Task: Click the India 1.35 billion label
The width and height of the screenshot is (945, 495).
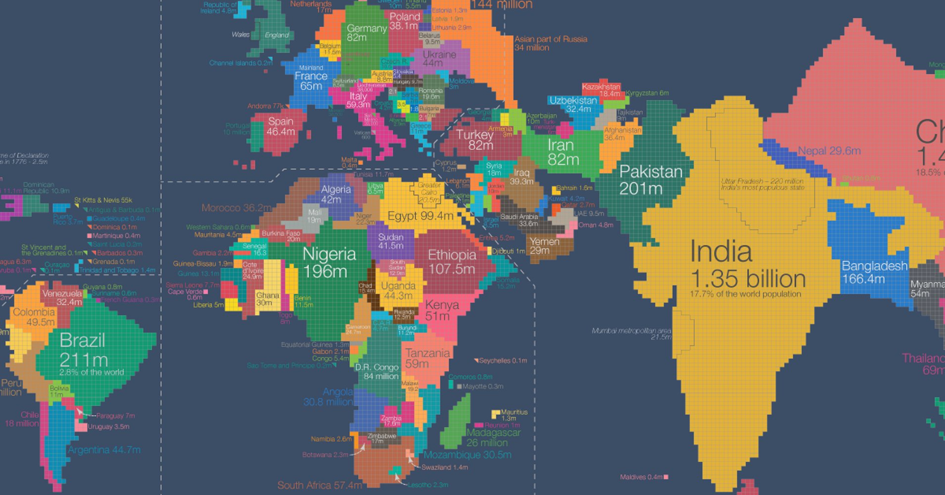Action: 747,267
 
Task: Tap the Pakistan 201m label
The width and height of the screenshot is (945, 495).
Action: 650,180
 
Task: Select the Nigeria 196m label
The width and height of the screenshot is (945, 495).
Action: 329,262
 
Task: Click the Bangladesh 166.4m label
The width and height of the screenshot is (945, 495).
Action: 874,272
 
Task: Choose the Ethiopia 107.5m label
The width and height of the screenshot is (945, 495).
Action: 452,262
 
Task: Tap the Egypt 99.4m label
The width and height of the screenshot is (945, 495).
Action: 420,216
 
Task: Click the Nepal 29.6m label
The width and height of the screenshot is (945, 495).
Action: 829,151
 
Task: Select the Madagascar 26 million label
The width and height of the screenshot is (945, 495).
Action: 493,438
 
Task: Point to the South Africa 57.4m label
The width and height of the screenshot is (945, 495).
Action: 320,485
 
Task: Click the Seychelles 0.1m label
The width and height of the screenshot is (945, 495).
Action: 502,360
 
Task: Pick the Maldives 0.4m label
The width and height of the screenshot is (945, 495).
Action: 641,477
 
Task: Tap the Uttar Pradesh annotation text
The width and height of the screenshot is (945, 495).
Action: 762,184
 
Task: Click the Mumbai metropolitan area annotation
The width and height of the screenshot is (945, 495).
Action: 632,334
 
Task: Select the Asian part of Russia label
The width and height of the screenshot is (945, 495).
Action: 550,43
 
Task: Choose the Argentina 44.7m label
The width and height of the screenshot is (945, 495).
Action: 104,450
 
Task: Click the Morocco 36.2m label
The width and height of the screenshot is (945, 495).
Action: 236,208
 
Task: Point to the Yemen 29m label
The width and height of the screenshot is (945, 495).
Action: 544,246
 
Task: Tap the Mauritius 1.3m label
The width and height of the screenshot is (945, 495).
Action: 514,415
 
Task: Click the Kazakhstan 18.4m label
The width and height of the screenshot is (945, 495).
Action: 601,90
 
